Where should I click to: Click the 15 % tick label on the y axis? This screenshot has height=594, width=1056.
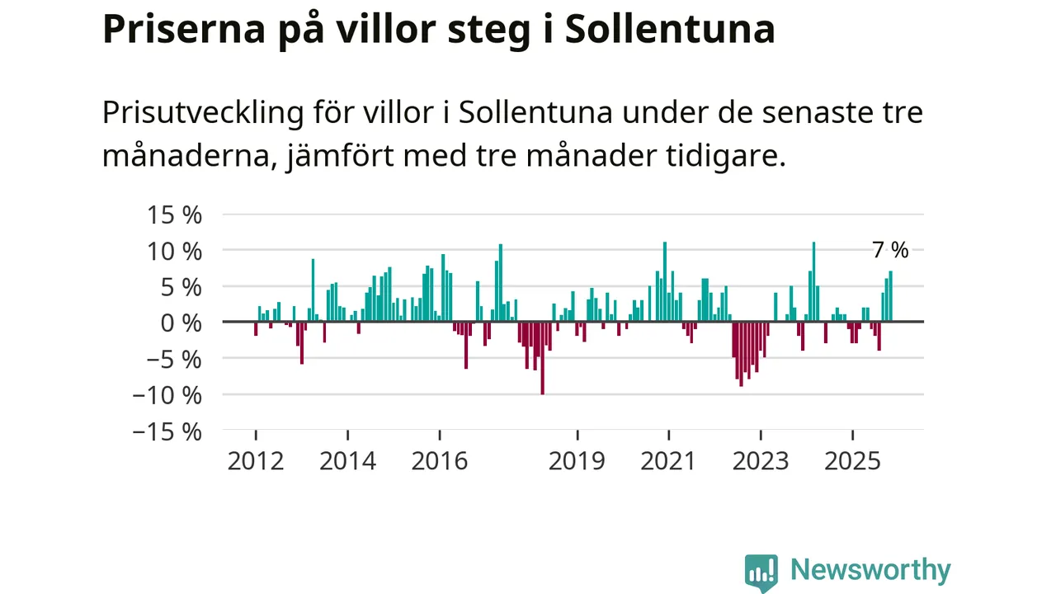click(x=174, y=215)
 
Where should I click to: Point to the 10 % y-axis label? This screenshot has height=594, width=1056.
click(x=174, y=251)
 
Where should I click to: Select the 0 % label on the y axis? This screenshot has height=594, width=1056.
click(x=181, y=323)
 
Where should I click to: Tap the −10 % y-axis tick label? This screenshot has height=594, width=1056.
click(x=167, y=395)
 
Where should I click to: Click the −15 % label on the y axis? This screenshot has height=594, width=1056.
click(x=167, y=431)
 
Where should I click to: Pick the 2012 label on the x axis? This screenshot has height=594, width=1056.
click(x=256, y=460)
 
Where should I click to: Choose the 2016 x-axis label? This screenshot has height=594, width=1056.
click(x=440, y=460)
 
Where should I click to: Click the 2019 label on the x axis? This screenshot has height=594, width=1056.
click(x=577, y=460)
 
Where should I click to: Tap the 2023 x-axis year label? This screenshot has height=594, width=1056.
click(x=761, y=460)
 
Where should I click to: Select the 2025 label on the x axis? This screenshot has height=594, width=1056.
click(x=853, y=460)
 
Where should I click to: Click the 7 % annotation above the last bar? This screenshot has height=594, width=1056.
click(x=890, y=250)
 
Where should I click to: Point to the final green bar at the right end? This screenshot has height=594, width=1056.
click(x=891, y=296)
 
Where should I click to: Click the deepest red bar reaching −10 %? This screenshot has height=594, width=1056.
click(x=542, y=358)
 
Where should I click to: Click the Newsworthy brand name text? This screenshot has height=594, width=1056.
click(x=870, y=570)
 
